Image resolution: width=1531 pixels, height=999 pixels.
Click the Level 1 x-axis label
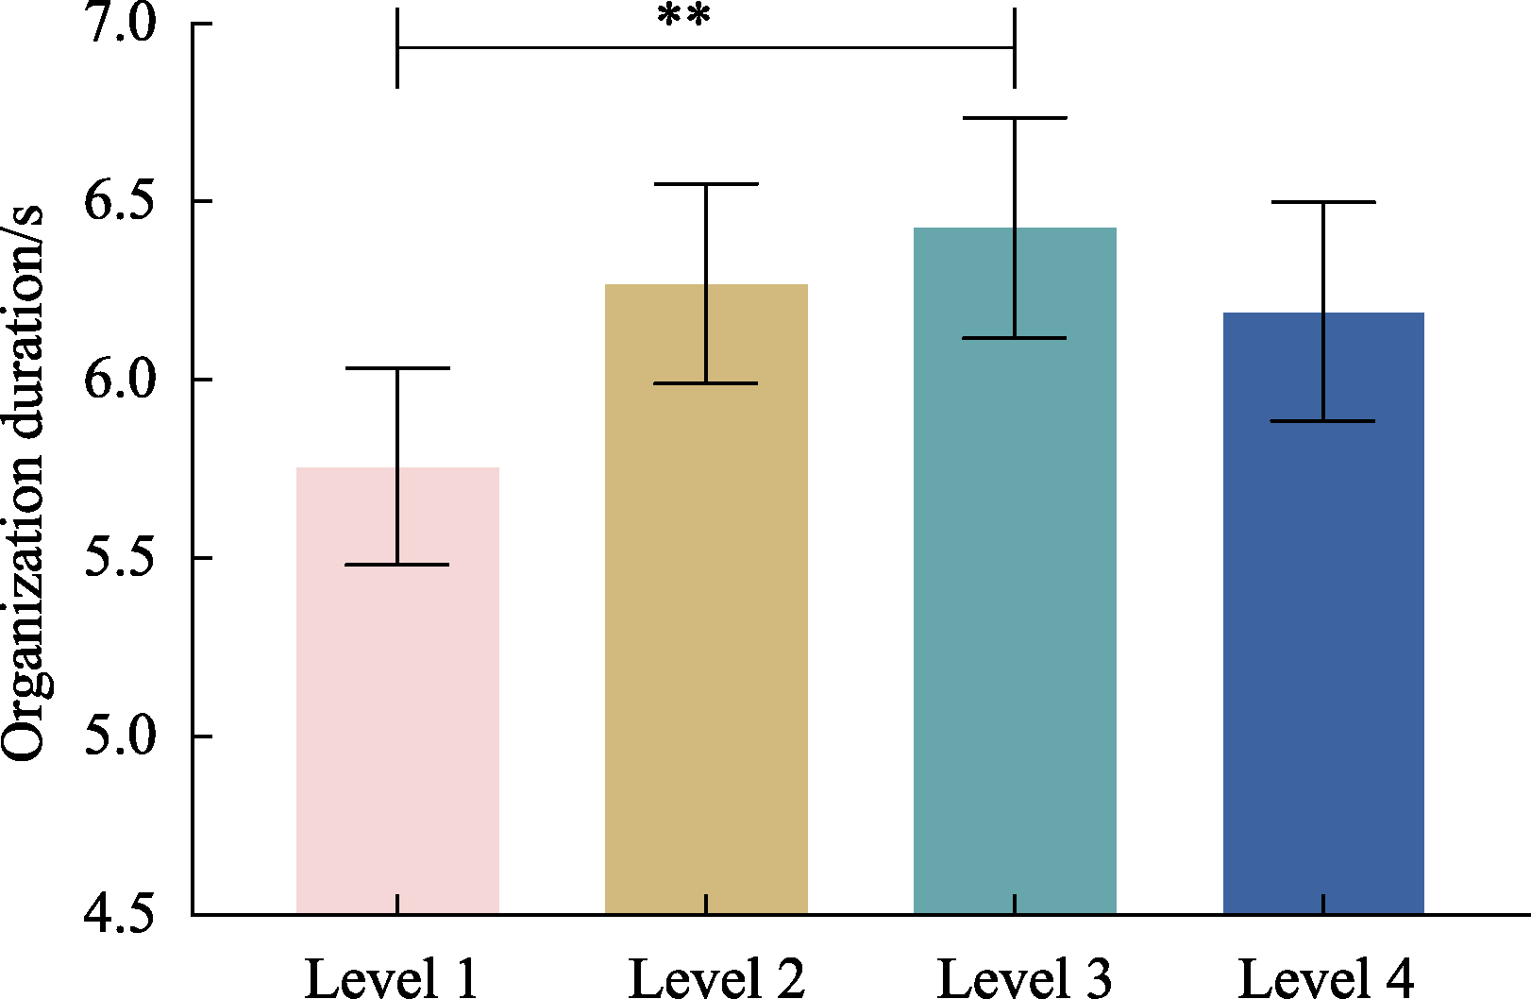(392, 978)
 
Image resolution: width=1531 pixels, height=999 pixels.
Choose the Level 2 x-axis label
(716, 978)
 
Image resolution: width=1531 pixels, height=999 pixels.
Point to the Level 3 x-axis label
(1025, 978)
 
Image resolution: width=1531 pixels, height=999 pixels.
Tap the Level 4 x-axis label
(1326, 978)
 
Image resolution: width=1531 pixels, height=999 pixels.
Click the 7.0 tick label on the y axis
(120, 24)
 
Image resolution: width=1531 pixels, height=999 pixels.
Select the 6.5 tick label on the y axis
(120, 201)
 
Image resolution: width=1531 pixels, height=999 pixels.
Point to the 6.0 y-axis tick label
(120, 380)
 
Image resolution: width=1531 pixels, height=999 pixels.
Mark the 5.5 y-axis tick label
(120, 558)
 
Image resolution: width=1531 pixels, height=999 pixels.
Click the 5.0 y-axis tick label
(120, 737)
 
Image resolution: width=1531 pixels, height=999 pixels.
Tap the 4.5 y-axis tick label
(120, 914)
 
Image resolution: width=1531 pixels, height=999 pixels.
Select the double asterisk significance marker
(683, 17)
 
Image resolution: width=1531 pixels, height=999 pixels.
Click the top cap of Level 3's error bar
(1015, 118)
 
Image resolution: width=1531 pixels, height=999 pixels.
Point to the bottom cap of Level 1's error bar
(397, 565)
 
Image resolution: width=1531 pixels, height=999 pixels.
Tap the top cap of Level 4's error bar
(1323, 202)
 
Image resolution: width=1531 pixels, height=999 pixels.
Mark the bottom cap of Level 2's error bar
(706, 383)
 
